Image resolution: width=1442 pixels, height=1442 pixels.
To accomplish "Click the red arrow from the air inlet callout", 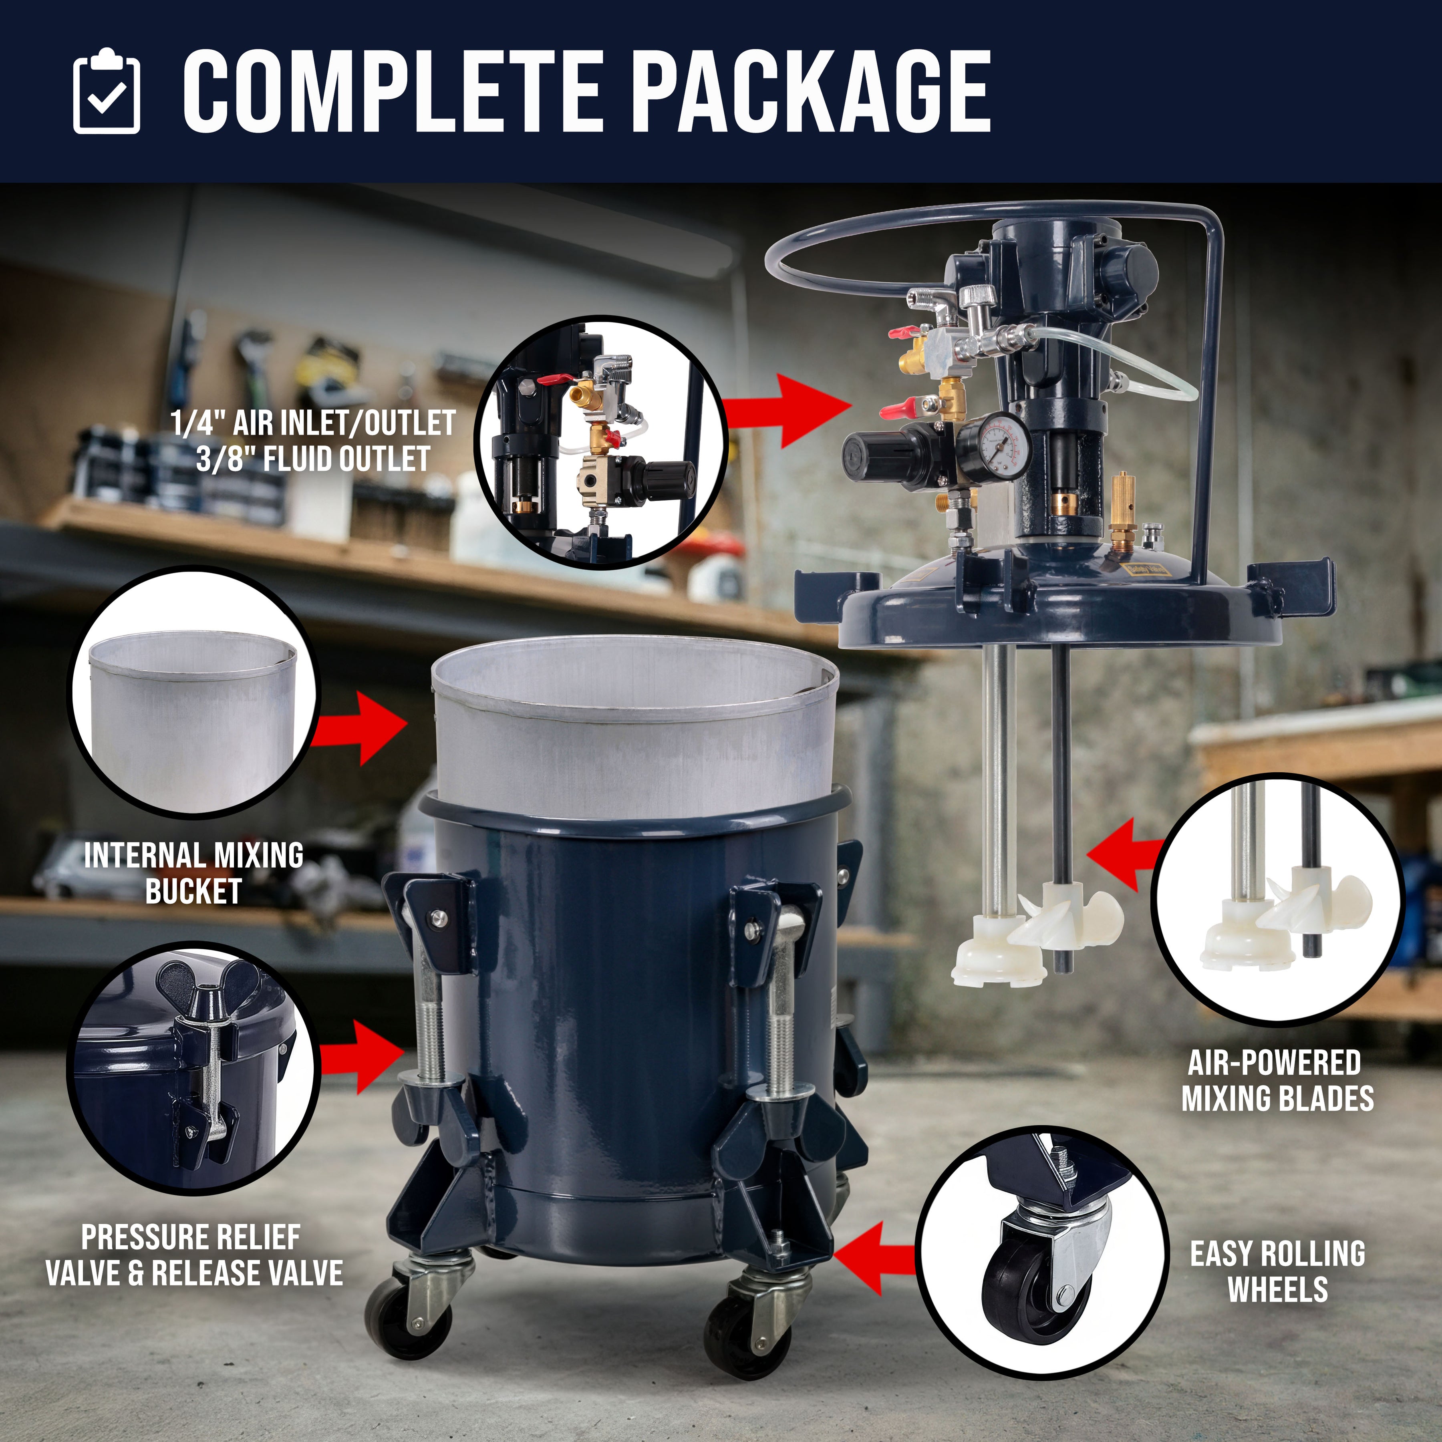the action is (x=787, y=411).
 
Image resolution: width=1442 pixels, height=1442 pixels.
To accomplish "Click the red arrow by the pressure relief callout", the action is (x=362, y=1057).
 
